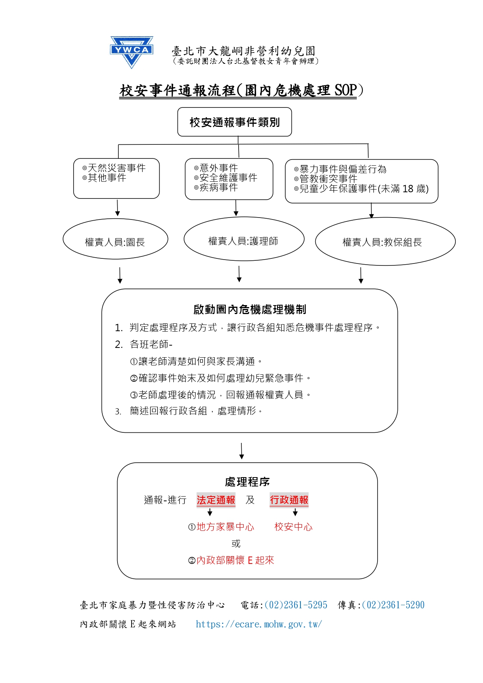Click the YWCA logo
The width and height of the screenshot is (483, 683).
(x=132, y=52)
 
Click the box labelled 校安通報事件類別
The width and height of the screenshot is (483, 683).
(x=234, y=122)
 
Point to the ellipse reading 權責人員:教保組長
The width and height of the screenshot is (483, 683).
(x=385, y=242)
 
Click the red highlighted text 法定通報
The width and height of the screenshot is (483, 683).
(x=216, y=500)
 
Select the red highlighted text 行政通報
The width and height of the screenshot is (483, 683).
(x=289, y=500)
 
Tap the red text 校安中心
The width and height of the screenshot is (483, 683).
(x=293, y=527)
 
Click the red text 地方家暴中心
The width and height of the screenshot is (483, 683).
(x=225, y=527)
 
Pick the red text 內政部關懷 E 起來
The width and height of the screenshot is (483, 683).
(x=235, y=560)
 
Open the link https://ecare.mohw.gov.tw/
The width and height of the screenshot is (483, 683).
(x=259, y=624)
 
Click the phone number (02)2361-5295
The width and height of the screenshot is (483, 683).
(x=296, y=605)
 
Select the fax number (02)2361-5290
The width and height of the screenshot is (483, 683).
(x=393, y=605)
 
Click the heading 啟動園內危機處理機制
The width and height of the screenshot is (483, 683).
(x=250, y=310)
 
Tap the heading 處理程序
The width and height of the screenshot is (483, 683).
(x=247, y=482)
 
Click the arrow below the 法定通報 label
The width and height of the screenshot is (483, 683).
(x=210, y=513)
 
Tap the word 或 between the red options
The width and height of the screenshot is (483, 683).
(x=236, y=544)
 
